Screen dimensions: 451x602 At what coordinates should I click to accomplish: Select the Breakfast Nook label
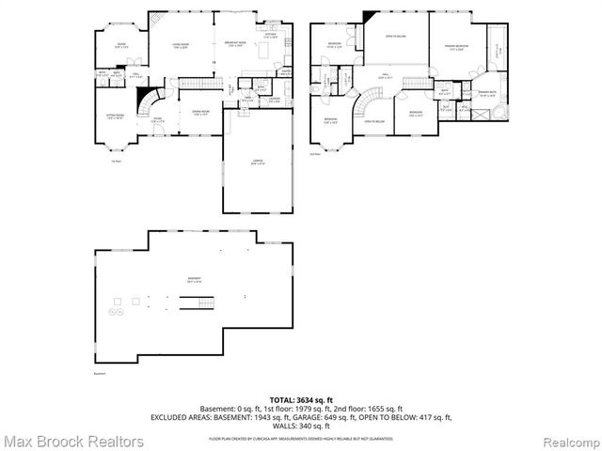(x=235, y=44)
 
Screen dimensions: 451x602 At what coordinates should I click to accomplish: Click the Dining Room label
(x=199, y=113)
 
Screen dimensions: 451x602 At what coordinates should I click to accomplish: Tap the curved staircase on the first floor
(x=149, y=98)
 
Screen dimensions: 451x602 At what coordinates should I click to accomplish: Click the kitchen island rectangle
(x=266, y=49)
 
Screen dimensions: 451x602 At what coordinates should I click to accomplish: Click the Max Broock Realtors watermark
(x=72, y=440)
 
